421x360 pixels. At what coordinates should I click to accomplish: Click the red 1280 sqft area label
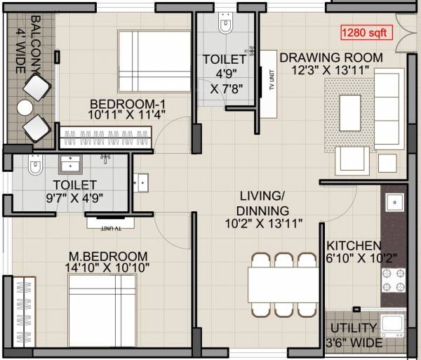click(366, 32)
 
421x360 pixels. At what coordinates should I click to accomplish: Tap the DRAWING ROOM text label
click(331, 58)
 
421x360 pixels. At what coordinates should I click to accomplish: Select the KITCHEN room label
click(354, 246)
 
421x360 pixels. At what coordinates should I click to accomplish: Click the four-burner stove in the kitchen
click(393, 281)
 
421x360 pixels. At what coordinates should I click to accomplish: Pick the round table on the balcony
click(25, 107)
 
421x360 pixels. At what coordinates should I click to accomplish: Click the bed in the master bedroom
click(102, 308)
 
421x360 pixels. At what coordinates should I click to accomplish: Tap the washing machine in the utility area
click(394, 326)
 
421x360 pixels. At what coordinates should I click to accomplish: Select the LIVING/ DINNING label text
click(263, 203)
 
